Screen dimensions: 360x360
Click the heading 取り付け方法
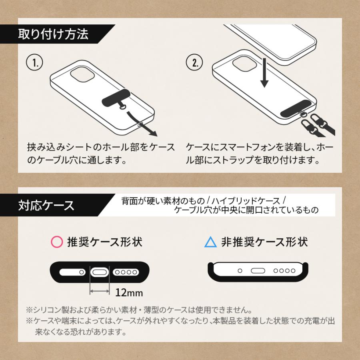(53, 34)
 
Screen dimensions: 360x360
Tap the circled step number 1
(34, 62)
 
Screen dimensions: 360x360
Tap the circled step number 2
(194, 62)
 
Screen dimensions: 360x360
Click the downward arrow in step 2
(264, 72)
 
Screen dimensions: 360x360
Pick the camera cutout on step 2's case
(244, 63)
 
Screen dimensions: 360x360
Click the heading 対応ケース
(46, 205)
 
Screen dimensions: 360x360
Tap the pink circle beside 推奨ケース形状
(57, 242)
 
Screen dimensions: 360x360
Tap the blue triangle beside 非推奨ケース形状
(210, 242)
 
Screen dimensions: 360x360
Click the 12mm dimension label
(129, 293)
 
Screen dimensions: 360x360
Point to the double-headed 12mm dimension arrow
(100, 291)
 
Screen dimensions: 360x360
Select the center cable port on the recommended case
(100, 272)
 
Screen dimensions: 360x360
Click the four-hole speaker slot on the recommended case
(126, 272)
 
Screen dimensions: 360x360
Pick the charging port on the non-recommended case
(258, 271)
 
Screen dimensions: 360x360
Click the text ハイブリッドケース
(246, 201)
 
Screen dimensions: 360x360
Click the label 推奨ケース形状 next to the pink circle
(105, 242)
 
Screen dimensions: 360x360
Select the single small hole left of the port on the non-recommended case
(240, 271)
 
